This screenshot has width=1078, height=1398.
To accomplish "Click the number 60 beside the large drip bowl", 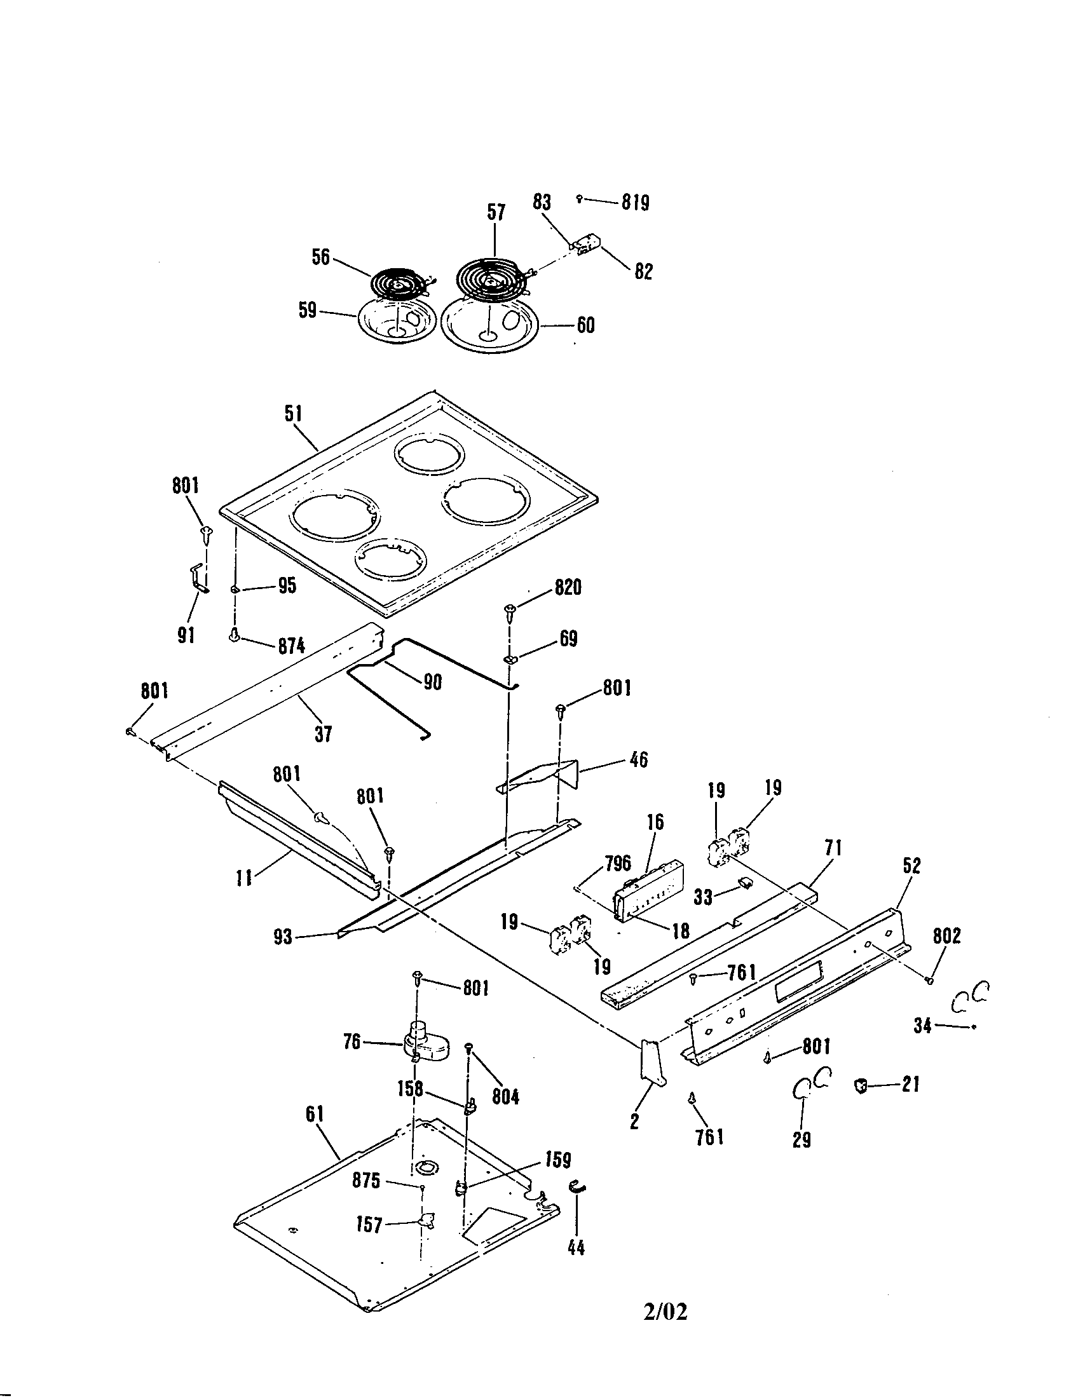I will [x=585, y=325].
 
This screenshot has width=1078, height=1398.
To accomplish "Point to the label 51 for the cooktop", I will [x=293, y=414].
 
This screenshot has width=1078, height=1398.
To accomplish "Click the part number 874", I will [x=290, y=646].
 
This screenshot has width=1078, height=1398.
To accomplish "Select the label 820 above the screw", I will [x=568, y=587].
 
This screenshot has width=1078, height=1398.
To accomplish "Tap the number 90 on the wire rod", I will [x=433, y=682].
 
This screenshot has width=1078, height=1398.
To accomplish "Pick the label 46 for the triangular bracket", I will [x=638, y=760].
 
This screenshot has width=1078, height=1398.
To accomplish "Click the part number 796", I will [x=617, y=862].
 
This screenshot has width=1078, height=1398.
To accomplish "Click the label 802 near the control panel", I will [x=946, y=936].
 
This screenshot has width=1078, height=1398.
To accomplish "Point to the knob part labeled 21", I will [x=860, y=1085].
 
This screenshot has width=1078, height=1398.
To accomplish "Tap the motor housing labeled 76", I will [x=425, y=1042].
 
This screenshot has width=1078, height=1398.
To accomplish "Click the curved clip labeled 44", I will [x=577, y=1188].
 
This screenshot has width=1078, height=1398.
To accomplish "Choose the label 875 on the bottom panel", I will [x=366, y=1181].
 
